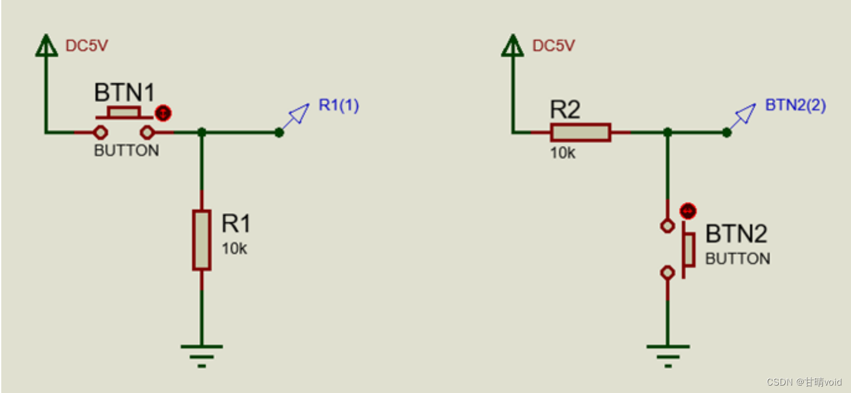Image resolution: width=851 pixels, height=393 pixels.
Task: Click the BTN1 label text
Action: (123, 93)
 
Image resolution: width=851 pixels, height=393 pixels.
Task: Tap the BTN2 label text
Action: (736, 235)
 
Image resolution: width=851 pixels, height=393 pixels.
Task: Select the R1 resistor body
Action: (201, 240)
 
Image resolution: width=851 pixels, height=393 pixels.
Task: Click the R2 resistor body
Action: (580, 132)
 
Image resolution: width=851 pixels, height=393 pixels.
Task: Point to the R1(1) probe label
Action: (339, 105)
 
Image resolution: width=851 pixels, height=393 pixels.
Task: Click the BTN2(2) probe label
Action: (795, 105)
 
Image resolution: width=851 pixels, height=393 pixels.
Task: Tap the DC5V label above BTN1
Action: (87, 46)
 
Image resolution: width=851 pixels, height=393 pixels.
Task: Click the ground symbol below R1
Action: (201, 355)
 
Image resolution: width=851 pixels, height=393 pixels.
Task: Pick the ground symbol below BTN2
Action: (667, 355)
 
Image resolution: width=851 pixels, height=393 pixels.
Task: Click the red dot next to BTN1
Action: (163, 113)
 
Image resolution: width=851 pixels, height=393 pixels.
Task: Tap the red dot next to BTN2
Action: (687, 211)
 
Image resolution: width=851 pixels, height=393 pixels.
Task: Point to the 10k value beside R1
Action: (234, 249)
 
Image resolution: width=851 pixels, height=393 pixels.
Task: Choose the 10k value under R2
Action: (562, 153)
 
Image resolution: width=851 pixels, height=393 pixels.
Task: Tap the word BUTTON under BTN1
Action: (126, 151)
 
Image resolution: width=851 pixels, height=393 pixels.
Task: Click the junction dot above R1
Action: (201, 132)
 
